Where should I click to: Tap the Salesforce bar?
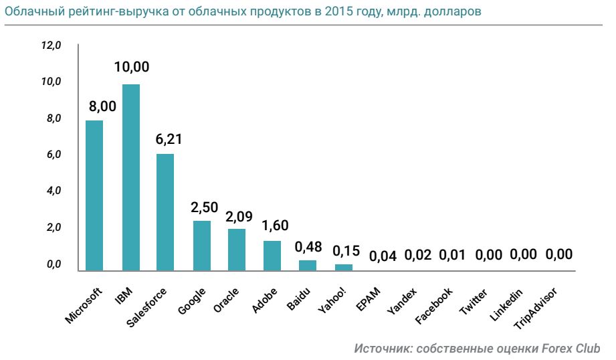point(165,211)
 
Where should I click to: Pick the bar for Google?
point(202,245)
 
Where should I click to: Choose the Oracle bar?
point(237,249)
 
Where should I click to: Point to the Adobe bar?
point(272,255)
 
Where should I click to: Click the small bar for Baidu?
point(308,265)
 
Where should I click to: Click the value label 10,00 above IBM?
point(131,68)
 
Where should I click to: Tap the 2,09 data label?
point(239,217)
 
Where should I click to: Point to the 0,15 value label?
point(346,251)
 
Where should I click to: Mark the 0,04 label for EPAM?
point(383,256)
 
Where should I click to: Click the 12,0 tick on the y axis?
point(51,46)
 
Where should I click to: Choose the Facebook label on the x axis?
point(434,306)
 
